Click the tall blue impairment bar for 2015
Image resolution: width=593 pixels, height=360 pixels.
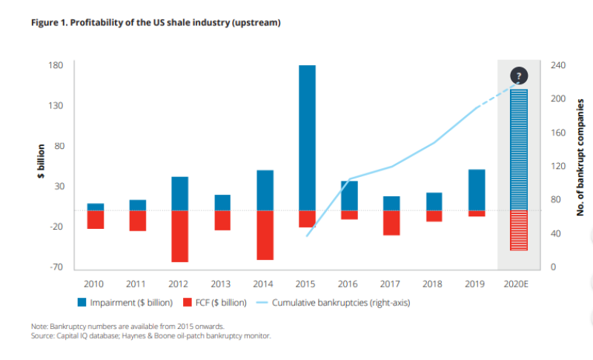(x=307, y=138)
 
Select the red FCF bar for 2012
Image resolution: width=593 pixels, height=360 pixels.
(x=179, y=236)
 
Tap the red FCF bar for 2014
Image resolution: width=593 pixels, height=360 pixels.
(x=265, y=235)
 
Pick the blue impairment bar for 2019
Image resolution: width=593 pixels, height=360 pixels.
(x=477, y=190)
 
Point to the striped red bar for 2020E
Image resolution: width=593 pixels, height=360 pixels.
(x=519, y=230)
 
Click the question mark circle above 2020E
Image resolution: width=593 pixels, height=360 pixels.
(x=519, y=76)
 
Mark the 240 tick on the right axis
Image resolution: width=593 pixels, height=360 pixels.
(x=558, y=65)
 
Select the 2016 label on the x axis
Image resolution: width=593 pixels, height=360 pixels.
(x=349, y=283)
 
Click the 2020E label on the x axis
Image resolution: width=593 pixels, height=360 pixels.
(x=519, y=283)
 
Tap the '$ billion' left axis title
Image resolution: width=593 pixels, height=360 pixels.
(x=42, y=162)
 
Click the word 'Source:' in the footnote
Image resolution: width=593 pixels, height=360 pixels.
(x=44, y=336)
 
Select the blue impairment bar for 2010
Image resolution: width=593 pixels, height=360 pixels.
(x=96, y=207)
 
